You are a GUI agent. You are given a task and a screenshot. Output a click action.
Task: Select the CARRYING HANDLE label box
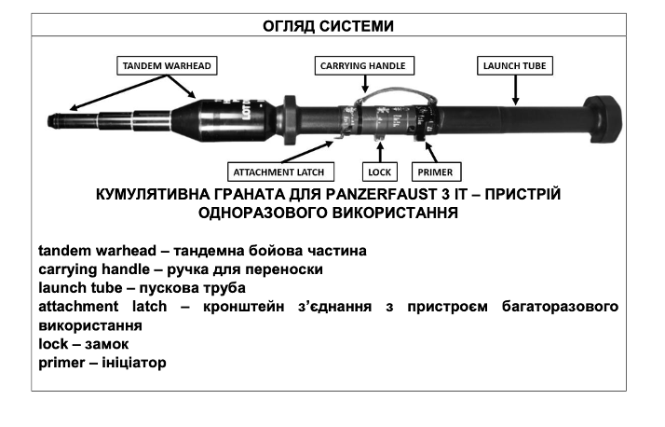[x=364, y=66]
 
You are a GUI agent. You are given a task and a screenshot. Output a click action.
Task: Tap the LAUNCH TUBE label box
[x=515, y=66]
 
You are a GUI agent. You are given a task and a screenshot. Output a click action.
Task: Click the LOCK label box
[x=381, y=172]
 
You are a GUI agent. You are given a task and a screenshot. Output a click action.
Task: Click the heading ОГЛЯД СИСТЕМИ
[x=332, y=26]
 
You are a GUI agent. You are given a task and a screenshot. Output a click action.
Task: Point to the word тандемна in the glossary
[x=179, y=251]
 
